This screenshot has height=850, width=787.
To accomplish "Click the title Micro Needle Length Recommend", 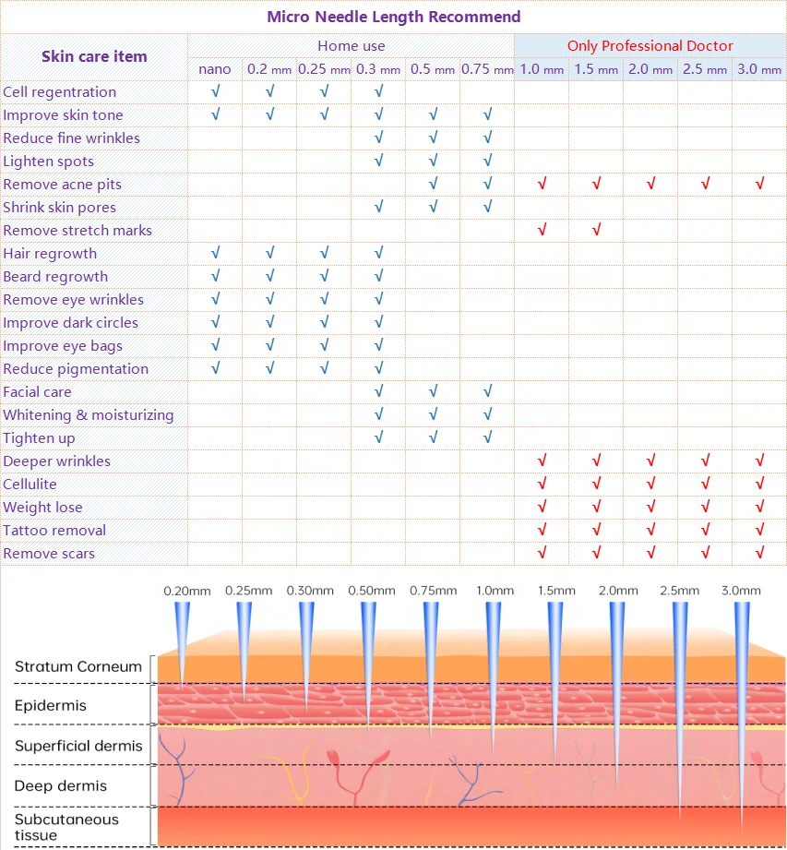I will pyautogui.click(x=393, y=17).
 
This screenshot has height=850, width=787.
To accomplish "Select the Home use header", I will pyautogui.click(x=351, y=45).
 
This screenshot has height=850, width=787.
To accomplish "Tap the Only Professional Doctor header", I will pyautogui.click(x=650, y=45).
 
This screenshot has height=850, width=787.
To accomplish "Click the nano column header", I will pyautogui.click(x=215, y=69).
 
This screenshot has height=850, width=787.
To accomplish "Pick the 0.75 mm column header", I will pyautogui.click(x=487, y=69).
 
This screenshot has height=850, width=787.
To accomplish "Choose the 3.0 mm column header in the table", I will pyautogui.click(x=759, y=69).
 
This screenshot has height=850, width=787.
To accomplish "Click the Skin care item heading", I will pyautogui.click(x=94, y=56).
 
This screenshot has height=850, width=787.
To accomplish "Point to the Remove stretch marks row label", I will pyautogui.click(x=78, y=230).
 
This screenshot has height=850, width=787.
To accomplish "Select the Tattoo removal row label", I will pyautogui.click(x=54, y=530).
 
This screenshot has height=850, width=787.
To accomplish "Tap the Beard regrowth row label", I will pyautogui.click(x=55, y=276).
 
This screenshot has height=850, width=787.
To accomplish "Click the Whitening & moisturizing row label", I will pyautogui.click(x=88, y=414).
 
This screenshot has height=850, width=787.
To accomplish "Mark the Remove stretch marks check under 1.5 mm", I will pyautogui.click(x=596, y=230).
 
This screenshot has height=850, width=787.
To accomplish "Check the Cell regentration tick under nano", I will pyautogui.click(x=215, y=91).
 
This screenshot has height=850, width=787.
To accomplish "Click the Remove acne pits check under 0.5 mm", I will pyautogui.click(x=433, y=184).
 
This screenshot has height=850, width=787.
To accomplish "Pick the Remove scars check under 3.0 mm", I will pyautogui.click(x=759, y=553).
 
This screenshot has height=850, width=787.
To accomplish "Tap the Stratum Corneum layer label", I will pyautogui.click(x=78, y=666).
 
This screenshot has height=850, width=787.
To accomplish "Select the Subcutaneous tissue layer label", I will pyautogui.click(x=66, y=827).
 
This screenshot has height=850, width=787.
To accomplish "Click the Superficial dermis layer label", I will pyautogui.click(x=78, y=746).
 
